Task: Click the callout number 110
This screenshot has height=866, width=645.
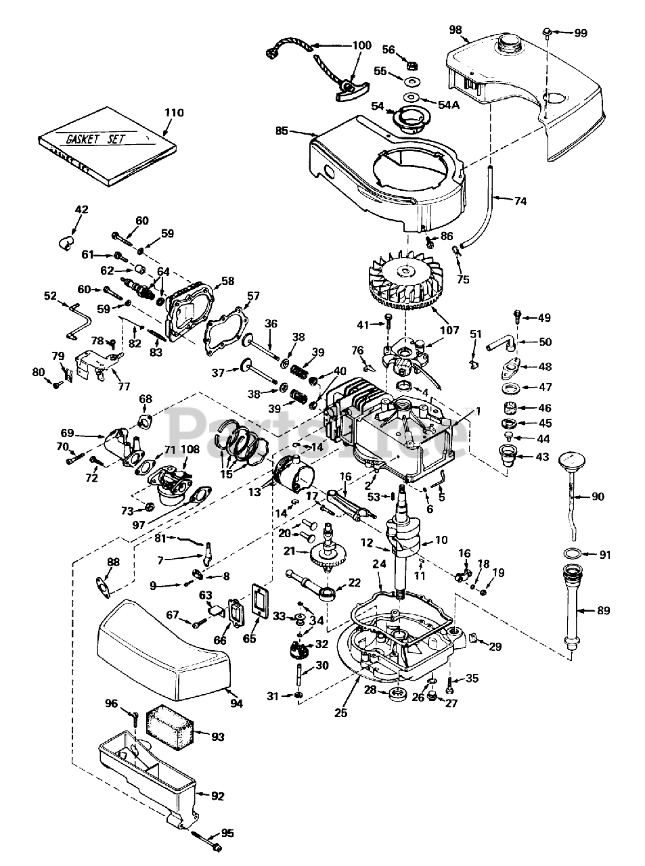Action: (x=174, y=113)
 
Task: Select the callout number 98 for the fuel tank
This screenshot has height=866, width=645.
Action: (x=455, y=29)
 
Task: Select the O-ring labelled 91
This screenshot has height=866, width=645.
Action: (x=571, y=555)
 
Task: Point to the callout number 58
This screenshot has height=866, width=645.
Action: (x=227, y=280)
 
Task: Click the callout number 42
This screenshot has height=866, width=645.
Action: (x=81, y=210)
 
